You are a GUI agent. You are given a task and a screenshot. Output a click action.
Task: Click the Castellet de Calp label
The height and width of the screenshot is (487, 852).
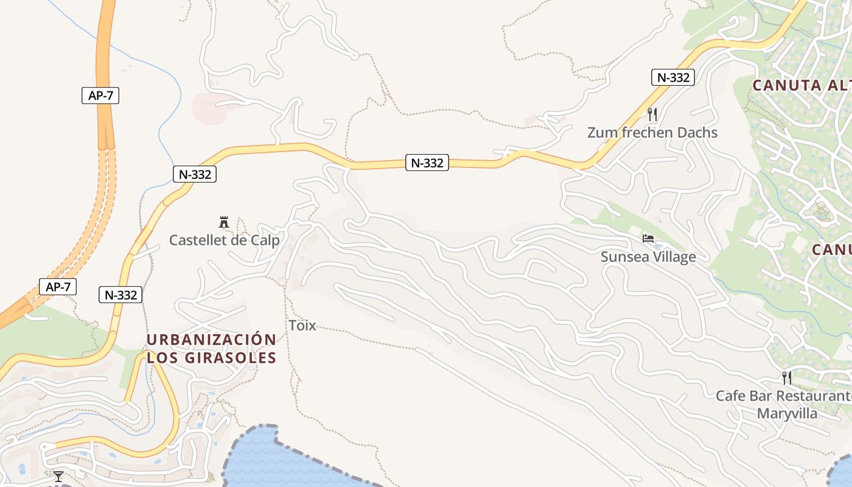click(x=224, y=240)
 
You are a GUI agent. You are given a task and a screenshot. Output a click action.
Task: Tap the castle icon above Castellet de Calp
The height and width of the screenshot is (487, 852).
click(x=224, y=222)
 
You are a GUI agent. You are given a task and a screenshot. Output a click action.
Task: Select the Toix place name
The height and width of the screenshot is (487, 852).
click(x=302, y=326)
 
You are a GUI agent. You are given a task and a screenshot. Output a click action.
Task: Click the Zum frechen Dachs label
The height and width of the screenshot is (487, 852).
click(x=652, y=133)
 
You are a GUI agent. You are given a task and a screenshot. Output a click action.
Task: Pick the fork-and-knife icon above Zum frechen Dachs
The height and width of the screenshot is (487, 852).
click(x=652, y=114)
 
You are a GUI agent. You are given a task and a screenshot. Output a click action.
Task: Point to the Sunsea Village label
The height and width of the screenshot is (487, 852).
click(x=648, y=257)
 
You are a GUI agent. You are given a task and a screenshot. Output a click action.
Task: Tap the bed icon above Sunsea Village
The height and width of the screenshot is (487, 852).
click(x=648, y=238)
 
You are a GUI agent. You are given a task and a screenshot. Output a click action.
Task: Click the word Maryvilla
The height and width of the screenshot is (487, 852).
click(x=787, y=414)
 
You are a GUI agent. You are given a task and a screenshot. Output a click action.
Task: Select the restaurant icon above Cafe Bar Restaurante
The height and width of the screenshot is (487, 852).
click(x=787, y=378)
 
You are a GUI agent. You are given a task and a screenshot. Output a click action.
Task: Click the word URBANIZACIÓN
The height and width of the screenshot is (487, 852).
click(x=211, y=340)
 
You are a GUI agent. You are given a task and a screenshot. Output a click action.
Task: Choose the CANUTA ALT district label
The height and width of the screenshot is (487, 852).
click(x=801, y=85)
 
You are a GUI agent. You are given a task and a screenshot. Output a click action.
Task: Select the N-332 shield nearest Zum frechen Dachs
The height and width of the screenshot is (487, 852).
click(x=672, y=77)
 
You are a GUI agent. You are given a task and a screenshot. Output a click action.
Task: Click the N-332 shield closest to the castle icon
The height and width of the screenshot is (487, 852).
click(x=195, y=174)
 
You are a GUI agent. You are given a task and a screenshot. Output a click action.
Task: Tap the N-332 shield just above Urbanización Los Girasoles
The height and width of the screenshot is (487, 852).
click(x=120, y=295)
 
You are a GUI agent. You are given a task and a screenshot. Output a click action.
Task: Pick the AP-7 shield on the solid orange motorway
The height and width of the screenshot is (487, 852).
click(x=100, y=96)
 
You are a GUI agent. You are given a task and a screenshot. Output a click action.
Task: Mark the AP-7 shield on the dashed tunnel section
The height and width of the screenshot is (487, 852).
click(x=58, y=287)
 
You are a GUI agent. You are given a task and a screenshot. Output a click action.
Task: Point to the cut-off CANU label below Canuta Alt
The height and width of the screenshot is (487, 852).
click(x=831, y=250)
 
